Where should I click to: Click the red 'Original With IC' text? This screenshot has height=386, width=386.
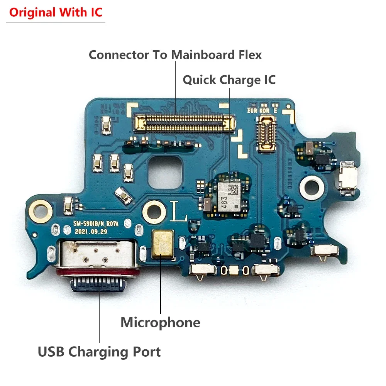tap(56, 12)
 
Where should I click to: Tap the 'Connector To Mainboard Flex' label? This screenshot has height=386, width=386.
tap(175, 55)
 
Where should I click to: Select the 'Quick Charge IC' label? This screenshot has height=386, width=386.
tap(229, 80)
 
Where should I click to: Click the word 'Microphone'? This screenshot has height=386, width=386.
tap(160, 322)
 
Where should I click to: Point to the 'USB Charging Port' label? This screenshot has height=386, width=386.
tap(99, 352)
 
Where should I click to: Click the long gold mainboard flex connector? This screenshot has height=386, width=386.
tap(184, 123)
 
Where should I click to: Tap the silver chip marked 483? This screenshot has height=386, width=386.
tap(231, 196)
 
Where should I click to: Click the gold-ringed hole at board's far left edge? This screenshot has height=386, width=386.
tap(39, 211)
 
